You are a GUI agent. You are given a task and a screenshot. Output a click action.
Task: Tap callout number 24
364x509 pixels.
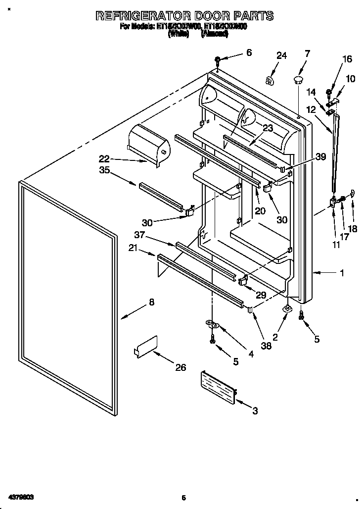pyautogui.click(x=281, y=56)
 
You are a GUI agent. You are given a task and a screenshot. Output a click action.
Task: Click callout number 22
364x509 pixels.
pyautogui.click(x=104, y=159)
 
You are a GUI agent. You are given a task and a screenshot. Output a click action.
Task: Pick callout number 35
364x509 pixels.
pyautogui.click(x=104, y=171)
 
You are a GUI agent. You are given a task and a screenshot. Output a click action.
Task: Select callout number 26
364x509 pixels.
pyautogui.click(x=181, y=367)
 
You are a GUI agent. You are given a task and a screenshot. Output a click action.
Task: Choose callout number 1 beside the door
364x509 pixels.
pyautogui.click(x=342, y=272)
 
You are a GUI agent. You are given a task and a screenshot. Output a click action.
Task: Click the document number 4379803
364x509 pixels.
pyautogui.click(x=20, y=496)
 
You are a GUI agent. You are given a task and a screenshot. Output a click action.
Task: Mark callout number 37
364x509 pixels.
pyautogui.click(x=139, y=235)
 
